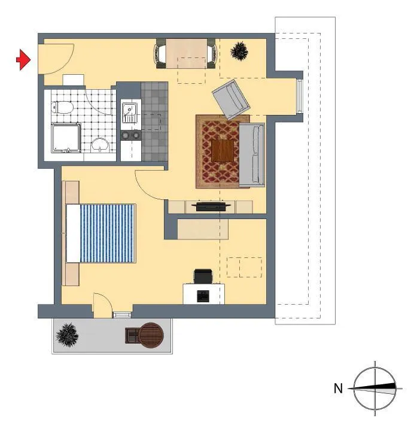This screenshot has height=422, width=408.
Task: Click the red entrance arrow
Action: tap(24, 59)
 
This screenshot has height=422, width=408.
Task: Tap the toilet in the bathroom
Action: tap(62, 107)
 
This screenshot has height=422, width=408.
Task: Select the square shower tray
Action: tap(66, 138)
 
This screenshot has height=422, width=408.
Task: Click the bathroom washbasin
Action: tap(100, 145)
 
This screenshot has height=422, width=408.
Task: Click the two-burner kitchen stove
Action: tap(130, 135)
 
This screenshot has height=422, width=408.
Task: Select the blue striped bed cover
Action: tap(107, 233)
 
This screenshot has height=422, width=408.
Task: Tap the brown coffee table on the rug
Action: tap(223, 151)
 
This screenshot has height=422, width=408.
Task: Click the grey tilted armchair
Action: tap(231, 99)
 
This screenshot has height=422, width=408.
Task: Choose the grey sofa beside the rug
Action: tap(252, 155)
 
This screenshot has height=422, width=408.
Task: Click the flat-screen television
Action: tap(211, 206)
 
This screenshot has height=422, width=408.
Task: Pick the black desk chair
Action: tap(203, 276)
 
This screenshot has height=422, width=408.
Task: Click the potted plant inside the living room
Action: tap(239, 51)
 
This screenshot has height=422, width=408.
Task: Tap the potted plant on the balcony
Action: tap(67, 335)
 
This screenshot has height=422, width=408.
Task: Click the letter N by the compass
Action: tap(338, 388)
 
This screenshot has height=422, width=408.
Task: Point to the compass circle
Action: tap(354, 388)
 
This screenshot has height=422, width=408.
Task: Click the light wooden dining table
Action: tap(186, 53)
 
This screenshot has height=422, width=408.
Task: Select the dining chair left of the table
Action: tap(160, 53)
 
